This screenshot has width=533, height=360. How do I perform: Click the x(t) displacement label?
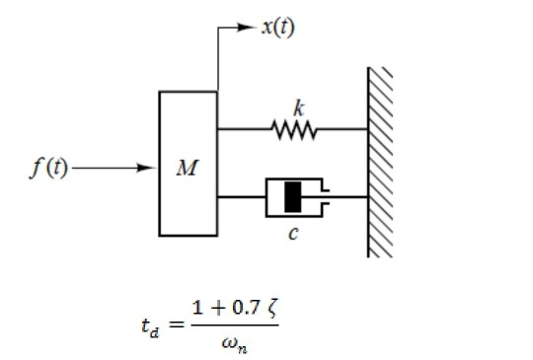coord(277,27)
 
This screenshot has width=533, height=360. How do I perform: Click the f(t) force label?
coord(47,168)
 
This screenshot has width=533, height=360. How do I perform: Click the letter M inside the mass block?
coord(186,169)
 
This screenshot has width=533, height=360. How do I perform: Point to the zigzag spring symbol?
coord(292,128)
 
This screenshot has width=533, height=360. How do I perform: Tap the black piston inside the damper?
coord(292,197)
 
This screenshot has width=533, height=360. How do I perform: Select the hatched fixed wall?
coord(381,163)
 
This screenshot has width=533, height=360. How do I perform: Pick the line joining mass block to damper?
coord(241,197)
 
